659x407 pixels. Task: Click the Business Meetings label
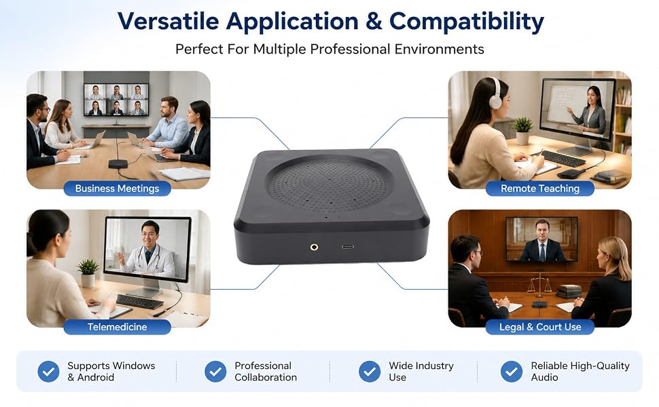118,189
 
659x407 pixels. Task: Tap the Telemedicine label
118,327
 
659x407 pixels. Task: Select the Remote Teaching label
540,189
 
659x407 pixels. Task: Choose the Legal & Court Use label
540,327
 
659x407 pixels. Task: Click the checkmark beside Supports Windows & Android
48,371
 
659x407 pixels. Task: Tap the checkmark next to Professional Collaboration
215,371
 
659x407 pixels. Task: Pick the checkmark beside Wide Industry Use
370,371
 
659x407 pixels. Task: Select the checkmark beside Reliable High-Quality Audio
512,371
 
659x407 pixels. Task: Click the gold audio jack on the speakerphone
314,247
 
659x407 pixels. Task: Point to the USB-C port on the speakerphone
348,247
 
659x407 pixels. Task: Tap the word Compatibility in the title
467,22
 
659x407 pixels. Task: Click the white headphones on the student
495,94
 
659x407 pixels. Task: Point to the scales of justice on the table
539,285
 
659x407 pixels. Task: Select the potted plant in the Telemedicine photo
88,273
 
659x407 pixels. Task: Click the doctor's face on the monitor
150,235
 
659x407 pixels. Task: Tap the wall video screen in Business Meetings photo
116,100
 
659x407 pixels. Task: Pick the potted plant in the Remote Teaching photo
522,130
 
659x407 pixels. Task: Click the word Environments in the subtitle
439,50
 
